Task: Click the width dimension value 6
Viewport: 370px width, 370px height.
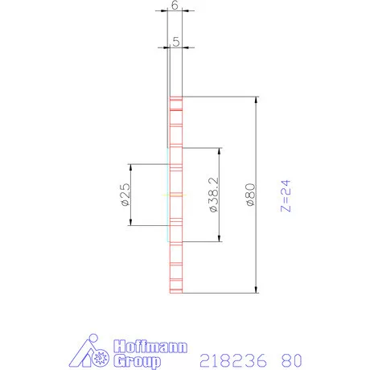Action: point(175,5)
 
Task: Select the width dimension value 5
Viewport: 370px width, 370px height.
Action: point(175,37)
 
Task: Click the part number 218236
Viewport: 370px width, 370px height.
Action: point(232,360)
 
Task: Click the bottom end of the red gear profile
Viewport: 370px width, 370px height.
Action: point(175,292)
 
